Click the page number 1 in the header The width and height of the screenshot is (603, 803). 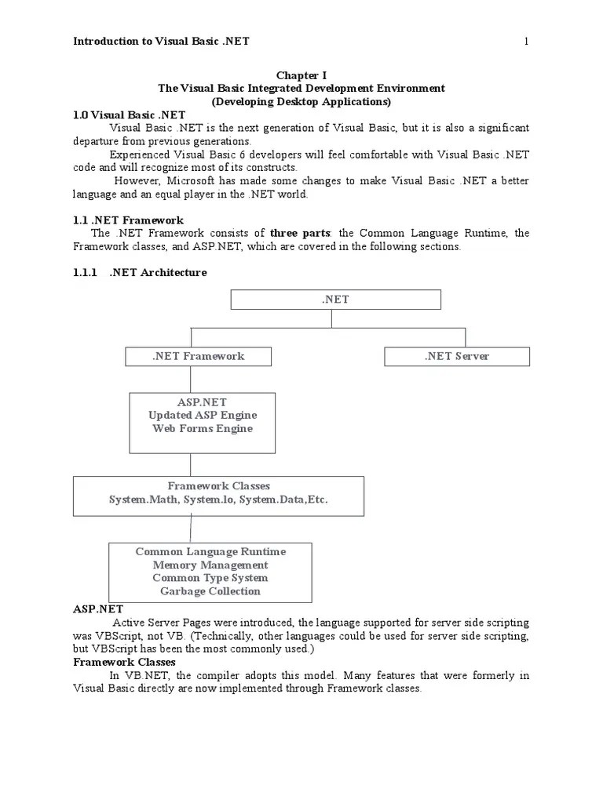(527, 41)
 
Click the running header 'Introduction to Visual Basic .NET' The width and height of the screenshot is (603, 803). (161, 41)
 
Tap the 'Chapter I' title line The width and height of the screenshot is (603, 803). (301, 75)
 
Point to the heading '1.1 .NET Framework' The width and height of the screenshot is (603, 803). (128, 220)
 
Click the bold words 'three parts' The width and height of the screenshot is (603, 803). (298, 234)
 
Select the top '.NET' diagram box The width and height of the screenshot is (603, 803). (335, 300)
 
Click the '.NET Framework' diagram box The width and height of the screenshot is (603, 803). (198, 356)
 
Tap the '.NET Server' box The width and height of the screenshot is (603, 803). (456, 356)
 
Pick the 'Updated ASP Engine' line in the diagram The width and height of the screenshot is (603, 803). (202, 415)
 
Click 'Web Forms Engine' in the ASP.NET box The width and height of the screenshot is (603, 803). (202, 428)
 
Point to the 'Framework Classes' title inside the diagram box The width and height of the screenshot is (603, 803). (218, 486)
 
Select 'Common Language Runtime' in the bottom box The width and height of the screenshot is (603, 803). (210, 551)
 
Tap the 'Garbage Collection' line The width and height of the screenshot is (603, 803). (210, 591)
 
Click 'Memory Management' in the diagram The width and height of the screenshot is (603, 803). (210, 565)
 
